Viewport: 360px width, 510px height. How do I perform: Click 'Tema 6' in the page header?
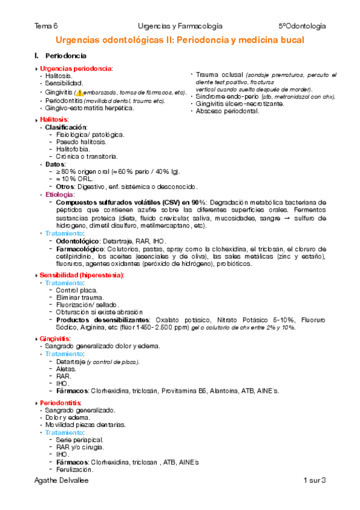(46, 26)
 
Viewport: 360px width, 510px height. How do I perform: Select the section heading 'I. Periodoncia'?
(61, 56)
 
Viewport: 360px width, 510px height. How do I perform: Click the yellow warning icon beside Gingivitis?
(79, 93)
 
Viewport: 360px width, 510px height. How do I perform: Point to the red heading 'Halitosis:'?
(54, 120)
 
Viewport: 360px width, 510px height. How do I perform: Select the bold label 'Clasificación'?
(66, 127)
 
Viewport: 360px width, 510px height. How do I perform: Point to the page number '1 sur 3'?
(314, 480)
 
